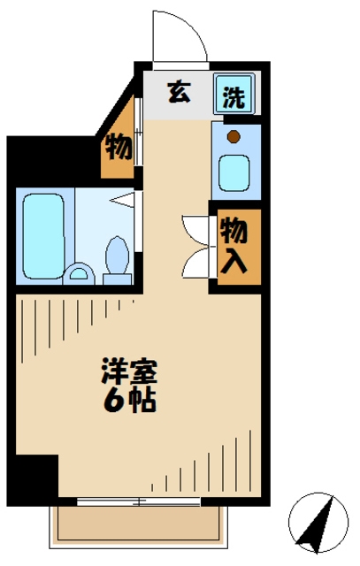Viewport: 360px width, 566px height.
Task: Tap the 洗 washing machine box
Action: (x=234, y=95)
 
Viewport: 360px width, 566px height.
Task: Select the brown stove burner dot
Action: (x=234, y=136)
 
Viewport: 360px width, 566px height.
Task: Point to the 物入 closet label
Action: (x=234, y=247)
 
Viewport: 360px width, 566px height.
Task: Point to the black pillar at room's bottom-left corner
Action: (x=35, y=478)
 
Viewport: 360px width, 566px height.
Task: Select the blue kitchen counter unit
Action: (x=235, y=159)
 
